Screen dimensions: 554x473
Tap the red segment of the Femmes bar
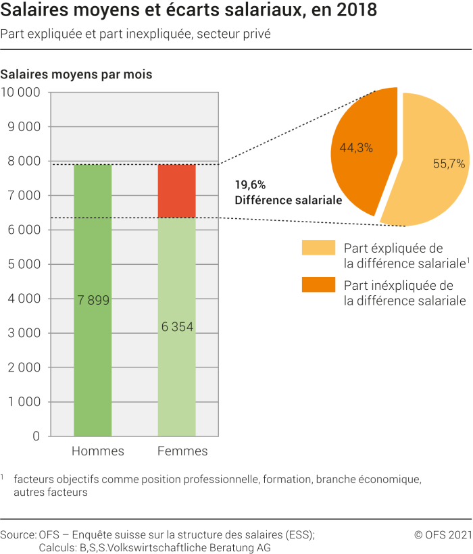click(x=176, y=191)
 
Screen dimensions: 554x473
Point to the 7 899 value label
click(x=93, y=301)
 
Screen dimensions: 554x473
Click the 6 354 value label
click(x=176, y=327)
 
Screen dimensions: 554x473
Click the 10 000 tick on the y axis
click(x=21, y=93)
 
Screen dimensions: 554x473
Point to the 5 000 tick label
click(x=24, y=264)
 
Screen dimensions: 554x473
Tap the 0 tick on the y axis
click(x=36, y=436)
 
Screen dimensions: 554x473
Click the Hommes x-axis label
click(x=97, y=451)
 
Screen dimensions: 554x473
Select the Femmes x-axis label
click(x=182, y=451)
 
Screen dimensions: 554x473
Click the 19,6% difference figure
click(x=250, y=184)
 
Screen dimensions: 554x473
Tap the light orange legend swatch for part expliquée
click(x=318, y=248)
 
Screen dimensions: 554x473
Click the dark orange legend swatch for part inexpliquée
click(x=318, y=285)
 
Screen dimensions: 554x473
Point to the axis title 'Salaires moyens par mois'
click(x=76, y=74)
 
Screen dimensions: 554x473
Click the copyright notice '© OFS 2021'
click(x=442, y=534)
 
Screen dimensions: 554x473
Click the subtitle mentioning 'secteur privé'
click(x=135, y=34)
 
